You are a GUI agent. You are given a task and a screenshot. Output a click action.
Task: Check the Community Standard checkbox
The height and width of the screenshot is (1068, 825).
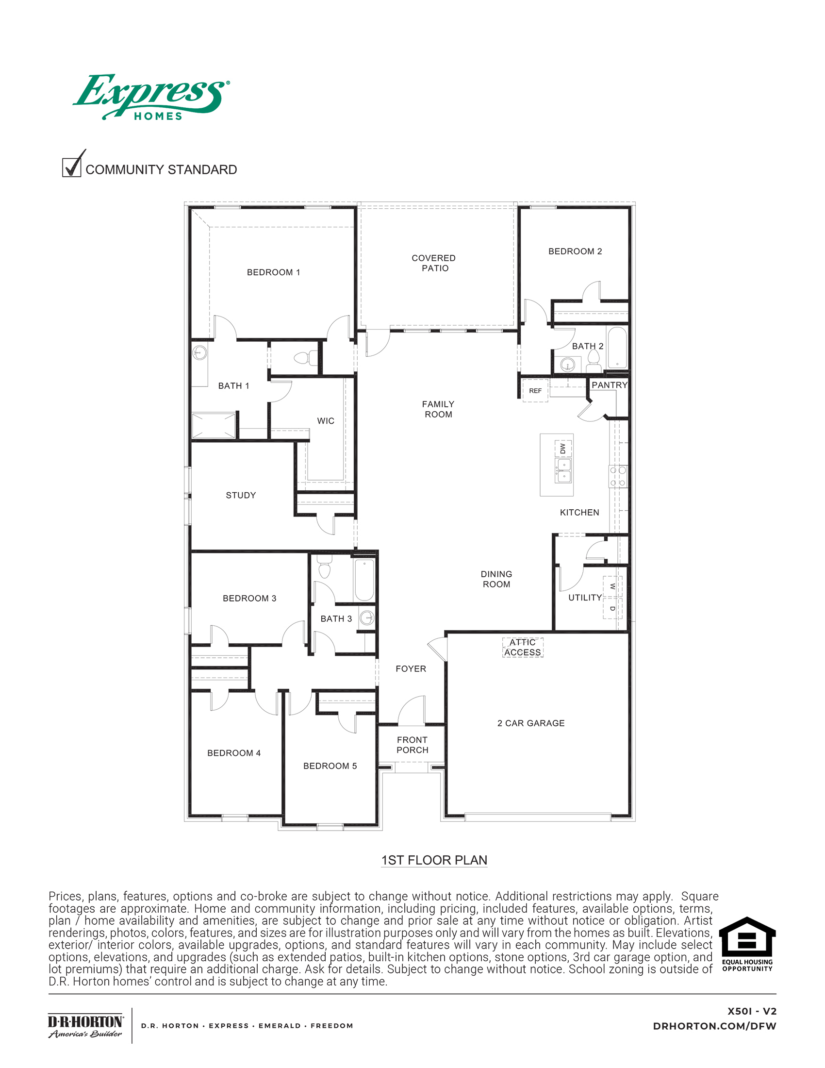(71, 167)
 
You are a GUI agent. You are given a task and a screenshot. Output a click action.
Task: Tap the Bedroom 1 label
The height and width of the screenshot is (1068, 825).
(273, 272)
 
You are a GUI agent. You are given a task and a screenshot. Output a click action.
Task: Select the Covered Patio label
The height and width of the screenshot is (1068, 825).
(434, 263)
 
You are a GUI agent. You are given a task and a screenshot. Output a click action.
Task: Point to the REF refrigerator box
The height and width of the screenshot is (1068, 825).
(535, 391)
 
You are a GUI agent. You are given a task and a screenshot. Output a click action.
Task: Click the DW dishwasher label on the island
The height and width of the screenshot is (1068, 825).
(563, 448)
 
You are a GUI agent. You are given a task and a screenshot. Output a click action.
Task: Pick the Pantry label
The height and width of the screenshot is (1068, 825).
(609, 385)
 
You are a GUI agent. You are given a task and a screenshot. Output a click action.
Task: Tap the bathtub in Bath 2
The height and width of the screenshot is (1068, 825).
(617, 348)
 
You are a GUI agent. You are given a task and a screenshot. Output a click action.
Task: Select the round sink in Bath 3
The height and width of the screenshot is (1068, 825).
(367, 618)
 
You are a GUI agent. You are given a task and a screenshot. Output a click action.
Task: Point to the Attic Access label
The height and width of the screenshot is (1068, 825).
(523, 648)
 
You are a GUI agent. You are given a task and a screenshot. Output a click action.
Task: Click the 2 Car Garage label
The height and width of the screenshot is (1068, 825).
(531, 723)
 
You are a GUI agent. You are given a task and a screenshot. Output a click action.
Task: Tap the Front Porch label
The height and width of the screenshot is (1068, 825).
(412, 745)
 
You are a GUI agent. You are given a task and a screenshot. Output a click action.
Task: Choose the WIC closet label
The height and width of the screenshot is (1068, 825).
(326, 421)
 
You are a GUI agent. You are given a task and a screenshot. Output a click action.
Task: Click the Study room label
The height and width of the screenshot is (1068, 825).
(240, 495)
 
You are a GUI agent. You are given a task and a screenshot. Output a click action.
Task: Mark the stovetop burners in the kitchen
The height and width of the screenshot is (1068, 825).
(618, 476)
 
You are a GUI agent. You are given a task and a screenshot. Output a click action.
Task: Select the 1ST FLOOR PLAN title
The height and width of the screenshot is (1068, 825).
(434, 860)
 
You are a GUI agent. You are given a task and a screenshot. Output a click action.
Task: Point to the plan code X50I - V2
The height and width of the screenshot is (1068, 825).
(752, 1011)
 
